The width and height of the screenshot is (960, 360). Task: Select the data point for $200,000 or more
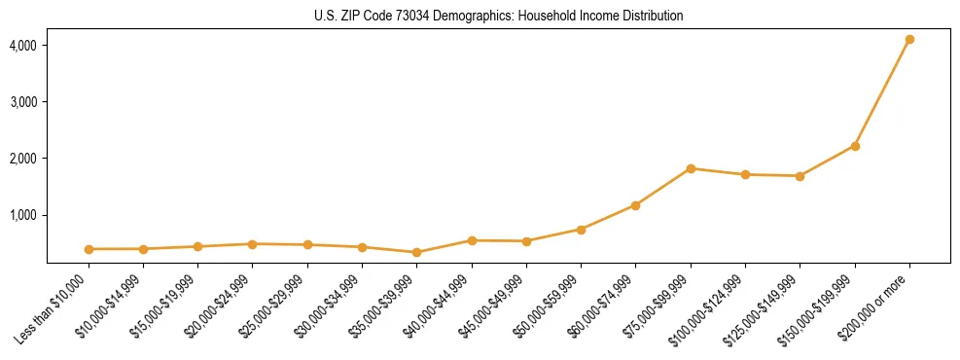[909, 40]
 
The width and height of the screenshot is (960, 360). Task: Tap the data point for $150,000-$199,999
[855, 146]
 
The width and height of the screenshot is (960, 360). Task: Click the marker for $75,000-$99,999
[691, 168]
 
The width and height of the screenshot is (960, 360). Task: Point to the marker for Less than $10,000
[89, 249]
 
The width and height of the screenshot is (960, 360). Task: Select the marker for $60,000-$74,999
[635, 205]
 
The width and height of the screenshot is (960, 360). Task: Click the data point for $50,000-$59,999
[581, 230]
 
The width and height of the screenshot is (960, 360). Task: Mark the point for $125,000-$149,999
[800, 176]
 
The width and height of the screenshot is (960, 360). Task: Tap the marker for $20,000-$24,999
[253, 244]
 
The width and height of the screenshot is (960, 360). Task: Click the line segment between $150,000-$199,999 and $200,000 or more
[882, 93]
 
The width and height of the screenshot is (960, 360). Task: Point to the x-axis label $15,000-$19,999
[160, 310]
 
